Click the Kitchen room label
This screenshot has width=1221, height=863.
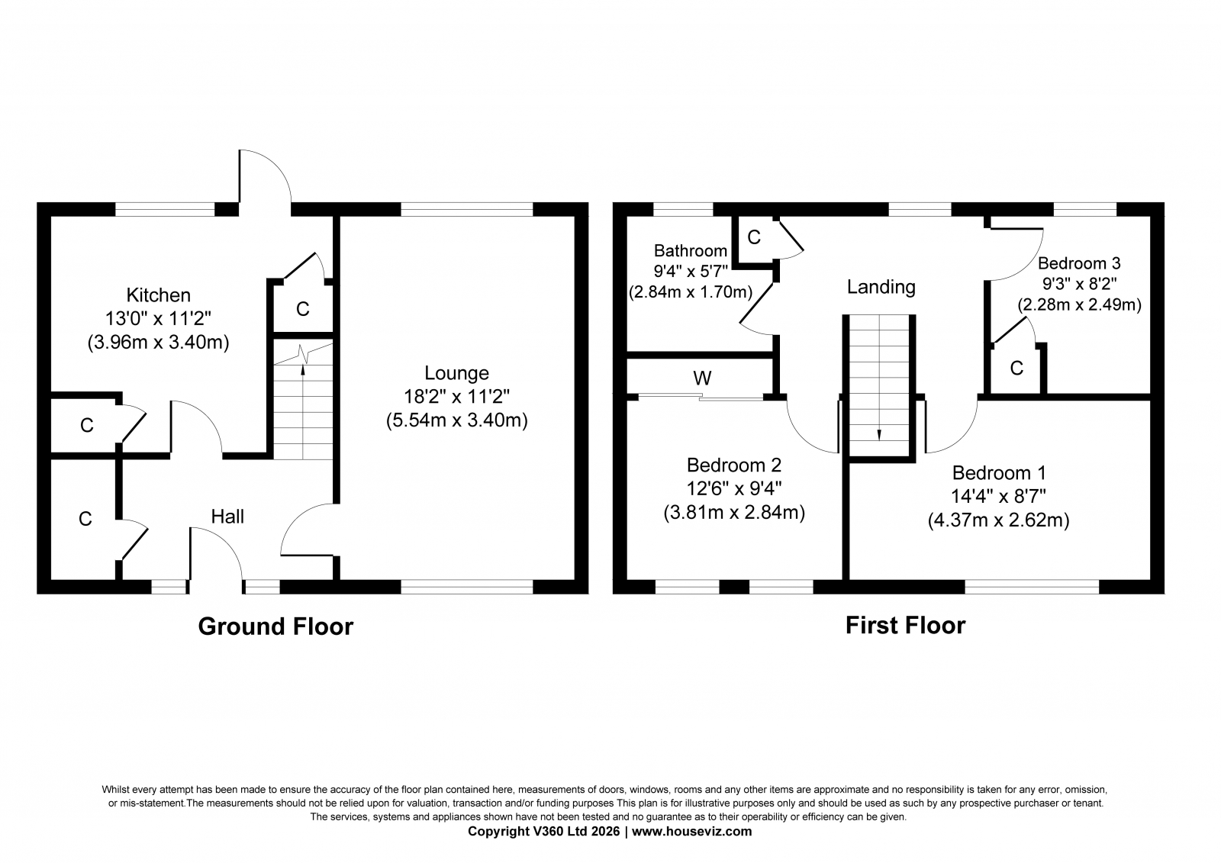click(x=159, y=295)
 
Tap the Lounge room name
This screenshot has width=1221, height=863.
click(x=457, y=373)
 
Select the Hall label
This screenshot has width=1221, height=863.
click(x=227, y=517)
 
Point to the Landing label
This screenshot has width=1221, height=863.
click(x=881, y=287)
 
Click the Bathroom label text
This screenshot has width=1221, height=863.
click(x=691, y=250)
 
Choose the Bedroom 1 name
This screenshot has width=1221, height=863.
click(x=999, y=472)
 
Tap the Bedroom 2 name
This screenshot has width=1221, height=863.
click(x=733, y=465)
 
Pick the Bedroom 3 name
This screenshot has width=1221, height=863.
click(x=1079, y=262)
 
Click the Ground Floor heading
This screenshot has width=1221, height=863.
click(x=275, y=626)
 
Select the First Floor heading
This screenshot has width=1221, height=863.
click(x=905, y=625)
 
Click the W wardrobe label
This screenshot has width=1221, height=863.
click(x=702, y=378)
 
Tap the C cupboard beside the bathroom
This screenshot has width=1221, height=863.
click(x=754, y=237)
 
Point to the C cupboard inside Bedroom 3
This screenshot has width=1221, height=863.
click(x=1016, y=369)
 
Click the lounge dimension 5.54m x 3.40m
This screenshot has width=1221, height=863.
click(x=457, y=420)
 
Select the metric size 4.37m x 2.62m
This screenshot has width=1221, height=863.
click(x=999, y=520)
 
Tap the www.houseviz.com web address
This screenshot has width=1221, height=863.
click(x=691, y=832)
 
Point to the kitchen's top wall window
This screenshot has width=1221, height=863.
click(x=165, y=209)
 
